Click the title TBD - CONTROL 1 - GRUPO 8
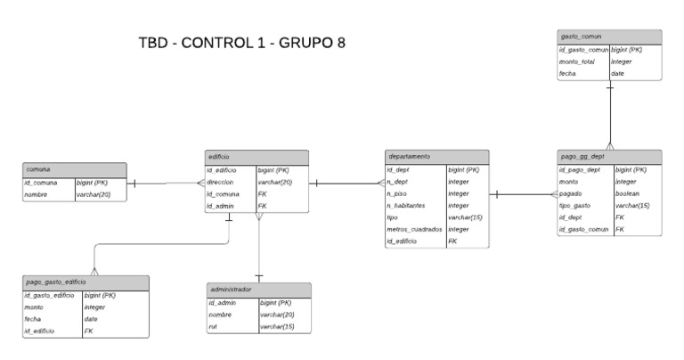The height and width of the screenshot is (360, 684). (x=241, y=43)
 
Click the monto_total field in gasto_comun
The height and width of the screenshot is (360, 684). (x=576, y=61)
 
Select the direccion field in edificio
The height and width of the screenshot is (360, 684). (x=221, y=182)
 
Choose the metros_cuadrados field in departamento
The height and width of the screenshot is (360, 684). (x=414, y=229)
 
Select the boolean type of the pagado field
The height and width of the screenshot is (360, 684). (x=627, y=193)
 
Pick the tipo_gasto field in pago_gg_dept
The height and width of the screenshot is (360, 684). (x=576, y=206)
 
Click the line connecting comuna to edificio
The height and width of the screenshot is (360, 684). (x=164, y=184)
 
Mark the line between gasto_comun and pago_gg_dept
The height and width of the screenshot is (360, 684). (x=610, y=116)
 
